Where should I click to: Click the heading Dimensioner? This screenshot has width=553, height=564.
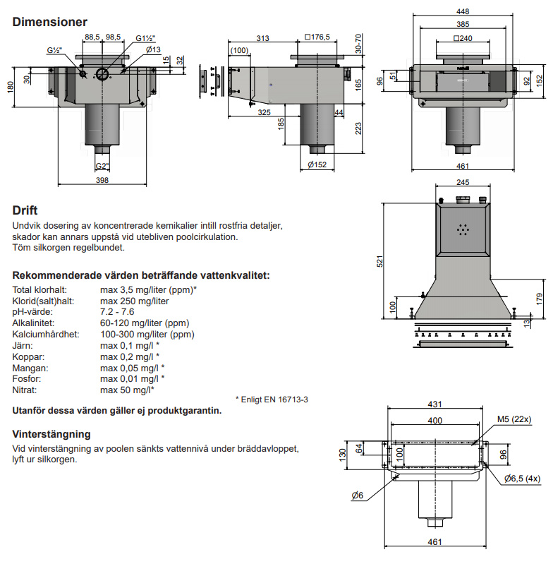(x=50, y=23)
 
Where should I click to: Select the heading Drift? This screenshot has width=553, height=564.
(x=25, y=210)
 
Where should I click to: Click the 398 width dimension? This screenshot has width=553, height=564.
(x=102, y=181)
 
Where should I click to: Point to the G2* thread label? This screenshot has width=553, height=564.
(x=102, y=167)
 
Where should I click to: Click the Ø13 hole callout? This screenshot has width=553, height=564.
(x=153, y=49)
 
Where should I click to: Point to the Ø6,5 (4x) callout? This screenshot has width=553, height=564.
(x=523, y=479)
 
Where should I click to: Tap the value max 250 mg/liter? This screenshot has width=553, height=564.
(x=134, y=301)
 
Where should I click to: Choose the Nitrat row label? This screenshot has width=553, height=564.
(x=25, y=390)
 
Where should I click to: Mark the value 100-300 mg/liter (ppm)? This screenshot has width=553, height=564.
(x=147, y=334)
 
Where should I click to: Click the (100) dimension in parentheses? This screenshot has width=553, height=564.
(x=240, y=50)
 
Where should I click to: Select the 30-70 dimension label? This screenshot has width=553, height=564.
(x=359, y=43)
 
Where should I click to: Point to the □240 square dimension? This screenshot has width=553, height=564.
(x=463, y=38)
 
